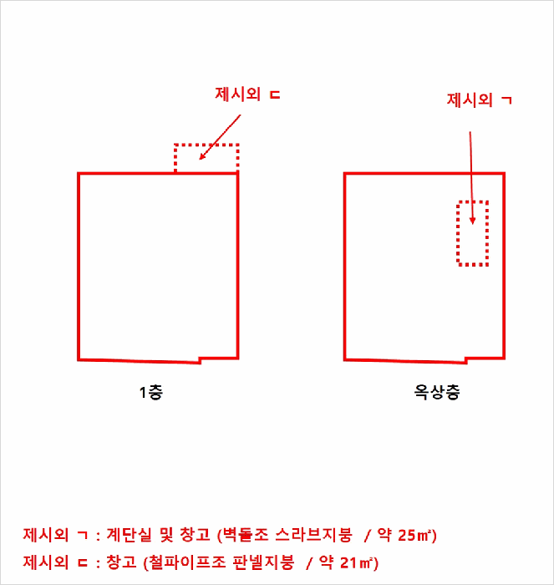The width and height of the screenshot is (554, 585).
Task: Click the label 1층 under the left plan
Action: pyautogui.click(x=151, y=393)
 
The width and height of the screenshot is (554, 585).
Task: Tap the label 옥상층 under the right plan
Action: pyautogui.click(x=437, y=392)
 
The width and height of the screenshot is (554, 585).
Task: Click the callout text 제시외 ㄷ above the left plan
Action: pyautogui.click(x=247, y=94)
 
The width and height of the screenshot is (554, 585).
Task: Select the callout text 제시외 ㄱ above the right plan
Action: pyautogui.click(x=480, y=99)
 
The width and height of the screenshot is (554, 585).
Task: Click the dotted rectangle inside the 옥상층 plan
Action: pyautogui.click(x=458, y=233)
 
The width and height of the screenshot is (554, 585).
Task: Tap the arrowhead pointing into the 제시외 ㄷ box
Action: pyautogui.click(x=202, y=156)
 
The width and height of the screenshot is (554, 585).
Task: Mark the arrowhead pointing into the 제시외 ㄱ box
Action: pyautogui.click(x=472, y=221)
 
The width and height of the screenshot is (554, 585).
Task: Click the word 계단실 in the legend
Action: pyautogui.click(x=129, y=535)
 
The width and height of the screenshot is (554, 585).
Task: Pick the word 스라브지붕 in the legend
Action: pyautogui.click(x=313, y=535)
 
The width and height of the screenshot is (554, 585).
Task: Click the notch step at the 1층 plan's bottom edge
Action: pyautogui.click(x=200, y=360)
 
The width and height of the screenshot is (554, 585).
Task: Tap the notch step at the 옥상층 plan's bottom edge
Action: pyautogui.click(x=466, y=360)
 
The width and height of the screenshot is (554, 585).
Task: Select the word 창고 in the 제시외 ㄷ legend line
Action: pyautogui.click(x=121, y=562)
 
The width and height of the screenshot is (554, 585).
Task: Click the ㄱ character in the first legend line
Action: pyautogui.click(x=82, y=536)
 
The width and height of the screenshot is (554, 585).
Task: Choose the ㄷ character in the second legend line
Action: pyautogui.click(x=82, y=563)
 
